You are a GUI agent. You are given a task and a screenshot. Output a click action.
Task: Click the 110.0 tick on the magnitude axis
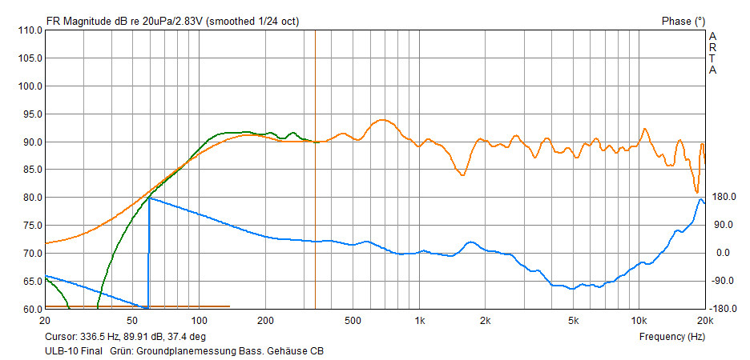point(30,30)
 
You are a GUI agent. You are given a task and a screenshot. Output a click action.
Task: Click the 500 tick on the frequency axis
point(353,321)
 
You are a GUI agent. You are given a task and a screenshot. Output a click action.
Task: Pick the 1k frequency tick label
point(420,321)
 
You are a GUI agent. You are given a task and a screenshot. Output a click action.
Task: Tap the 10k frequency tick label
point(638,321)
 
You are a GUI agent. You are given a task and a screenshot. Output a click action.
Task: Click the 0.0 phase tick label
point(723,253)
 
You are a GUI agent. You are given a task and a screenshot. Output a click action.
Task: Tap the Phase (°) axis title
point(683,21)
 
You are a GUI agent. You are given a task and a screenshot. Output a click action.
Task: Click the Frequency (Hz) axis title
point(671,337)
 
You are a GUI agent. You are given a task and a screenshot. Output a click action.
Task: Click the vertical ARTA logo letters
point(712,53)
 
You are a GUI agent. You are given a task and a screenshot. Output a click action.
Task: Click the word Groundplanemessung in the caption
point(180,350)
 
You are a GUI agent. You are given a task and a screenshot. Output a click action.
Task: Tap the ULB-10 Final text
point(73,350)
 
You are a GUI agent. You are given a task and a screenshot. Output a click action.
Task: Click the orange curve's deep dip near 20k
point(697,191)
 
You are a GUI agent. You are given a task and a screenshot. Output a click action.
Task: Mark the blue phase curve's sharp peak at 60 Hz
point(149,198)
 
